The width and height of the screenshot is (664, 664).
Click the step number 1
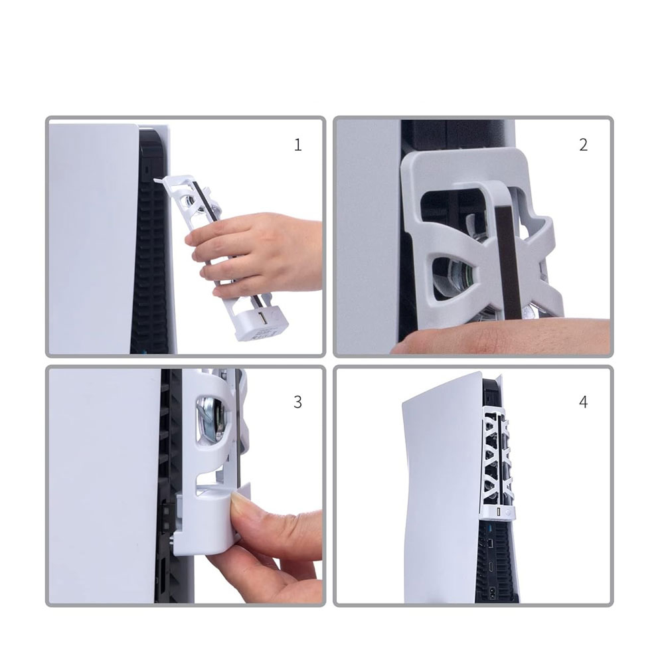[297, 145]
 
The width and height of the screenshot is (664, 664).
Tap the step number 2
[583, 145]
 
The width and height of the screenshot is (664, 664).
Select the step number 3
[297, 402]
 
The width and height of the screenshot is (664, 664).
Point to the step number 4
[583, 402]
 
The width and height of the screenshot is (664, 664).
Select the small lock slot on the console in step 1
[146, 169]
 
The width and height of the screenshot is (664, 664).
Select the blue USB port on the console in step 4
[491, 529]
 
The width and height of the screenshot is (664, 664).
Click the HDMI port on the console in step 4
[491, 566]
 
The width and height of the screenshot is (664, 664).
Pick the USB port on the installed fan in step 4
[499, 513]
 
